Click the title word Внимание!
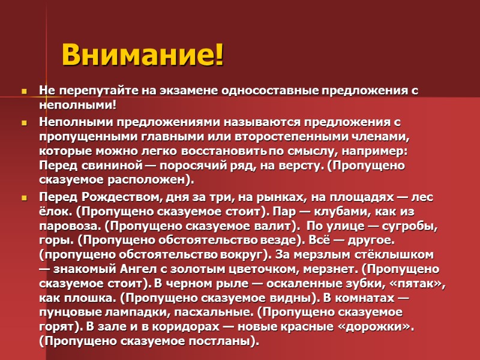[143, 55]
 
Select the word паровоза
[67, 226]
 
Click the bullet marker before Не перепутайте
[25, 92]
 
